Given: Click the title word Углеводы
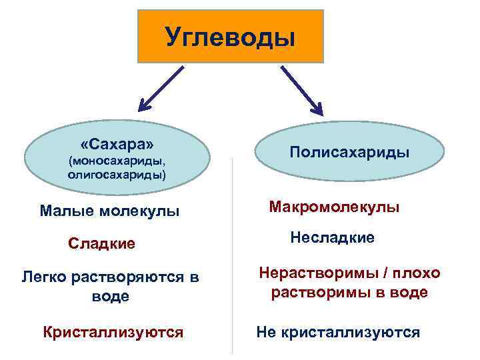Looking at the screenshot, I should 229,36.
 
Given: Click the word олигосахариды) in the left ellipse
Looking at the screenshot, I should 117,174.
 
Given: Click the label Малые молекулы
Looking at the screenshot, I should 110,212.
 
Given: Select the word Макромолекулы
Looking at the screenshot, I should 334,207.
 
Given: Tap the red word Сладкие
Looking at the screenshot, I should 101,244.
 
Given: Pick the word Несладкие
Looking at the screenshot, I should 333,237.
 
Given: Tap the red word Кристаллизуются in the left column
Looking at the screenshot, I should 113,332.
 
